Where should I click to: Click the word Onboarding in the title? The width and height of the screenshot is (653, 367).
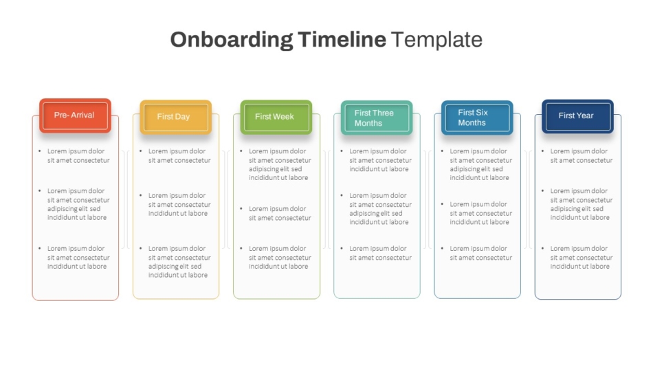point(232,40)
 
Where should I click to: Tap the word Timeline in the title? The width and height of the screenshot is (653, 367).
point(342,40)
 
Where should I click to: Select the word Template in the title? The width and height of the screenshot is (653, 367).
point(437,40)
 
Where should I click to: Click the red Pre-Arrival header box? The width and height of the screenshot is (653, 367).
point(76,116)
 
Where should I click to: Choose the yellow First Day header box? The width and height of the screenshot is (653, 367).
point(176,117)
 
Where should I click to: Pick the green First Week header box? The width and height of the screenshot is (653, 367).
point(276,117)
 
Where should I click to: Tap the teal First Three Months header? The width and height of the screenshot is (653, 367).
point(377,118)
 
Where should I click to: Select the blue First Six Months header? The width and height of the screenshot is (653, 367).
point(477,118)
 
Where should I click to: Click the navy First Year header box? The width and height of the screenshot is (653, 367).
point(577,116)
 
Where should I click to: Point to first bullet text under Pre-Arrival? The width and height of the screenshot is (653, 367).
point(78,155)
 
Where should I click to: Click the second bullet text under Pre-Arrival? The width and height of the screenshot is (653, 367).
point(78,204)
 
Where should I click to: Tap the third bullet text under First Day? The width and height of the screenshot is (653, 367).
point(179,262)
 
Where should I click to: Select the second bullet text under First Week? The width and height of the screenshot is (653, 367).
point(280,213)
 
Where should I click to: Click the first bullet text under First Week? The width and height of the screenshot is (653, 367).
point(280,164)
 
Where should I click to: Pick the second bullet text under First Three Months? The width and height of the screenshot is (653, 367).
point(380,209)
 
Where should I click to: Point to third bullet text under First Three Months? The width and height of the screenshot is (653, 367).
point(380,253)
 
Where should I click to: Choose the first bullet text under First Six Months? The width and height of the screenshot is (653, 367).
point(481,164)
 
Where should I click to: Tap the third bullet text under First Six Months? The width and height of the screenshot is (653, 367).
point(481,253)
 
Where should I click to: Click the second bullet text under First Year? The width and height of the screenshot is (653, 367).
point(582,204)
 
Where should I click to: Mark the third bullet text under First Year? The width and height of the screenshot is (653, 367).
point(582,257)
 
